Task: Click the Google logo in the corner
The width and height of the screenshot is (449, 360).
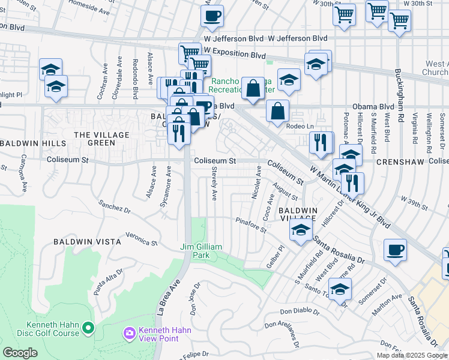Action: click(x=20, y=353)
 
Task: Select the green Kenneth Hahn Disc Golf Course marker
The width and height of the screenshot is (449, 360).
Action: click(x=89, y=328)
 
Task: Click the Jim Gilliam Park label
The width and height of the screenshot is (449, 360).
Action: click(x=202, y=251)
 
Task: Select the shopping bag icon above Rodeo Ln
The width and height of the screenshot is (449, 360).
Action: click(x=277, y=111)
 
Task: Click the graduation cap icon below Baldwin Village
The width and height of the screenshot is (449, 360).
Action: click(x=301, y=230)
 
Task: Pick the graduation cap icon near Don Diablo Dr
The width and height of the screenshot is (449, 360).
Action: click(x=340, y=290)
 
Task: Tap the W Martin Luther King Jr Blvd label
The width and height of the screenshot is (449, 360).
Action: click(x=349, y=194)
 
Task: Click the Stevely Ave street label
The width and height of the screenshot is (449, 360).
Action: click(x=214, y=184)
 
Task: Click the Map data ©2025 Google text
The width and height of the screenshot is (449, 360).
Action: click(x=411, y=355)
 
